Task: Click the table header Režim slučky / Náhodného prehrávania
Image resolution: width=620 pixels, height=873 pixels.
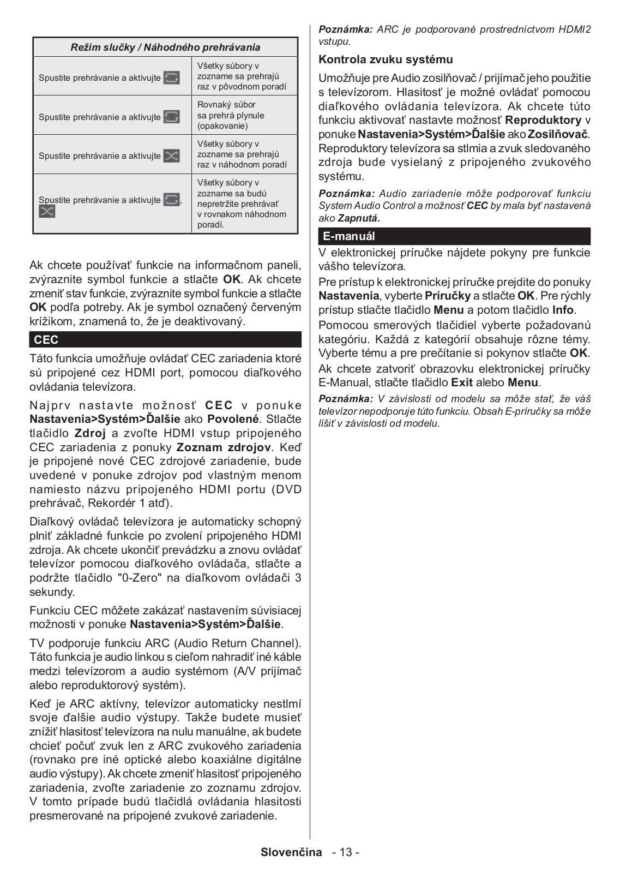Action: [165, 47]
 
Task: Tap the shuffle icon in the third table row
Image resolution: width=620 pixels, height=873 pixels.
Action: [171, 156]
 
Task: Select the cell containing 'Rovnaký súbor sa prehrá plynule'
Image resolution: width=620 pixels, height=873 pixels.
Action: [244, 115]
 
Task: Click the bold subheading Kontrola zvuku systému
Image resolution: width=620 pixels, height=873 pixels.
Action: [386, 59]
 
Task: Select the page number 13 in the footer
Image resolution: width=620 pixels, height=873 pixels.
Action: [346, 852]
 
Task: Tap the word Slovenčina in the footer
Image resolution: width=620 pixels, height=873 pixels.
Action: [291, 852]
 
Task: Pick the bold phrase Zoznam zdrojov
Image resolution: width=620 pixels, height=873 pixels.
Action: [224, 447]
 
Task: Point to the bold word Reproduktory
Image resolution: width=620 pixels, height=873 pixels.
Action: [543, 120]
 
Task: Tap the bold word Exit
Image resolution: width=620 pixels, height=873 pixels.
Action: [462, 382]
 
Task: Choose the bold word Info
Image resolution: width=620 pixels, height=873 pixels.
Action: [563, 310]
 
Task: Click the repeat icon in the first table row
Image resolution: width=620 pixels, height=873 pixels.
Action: [171, 77]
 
